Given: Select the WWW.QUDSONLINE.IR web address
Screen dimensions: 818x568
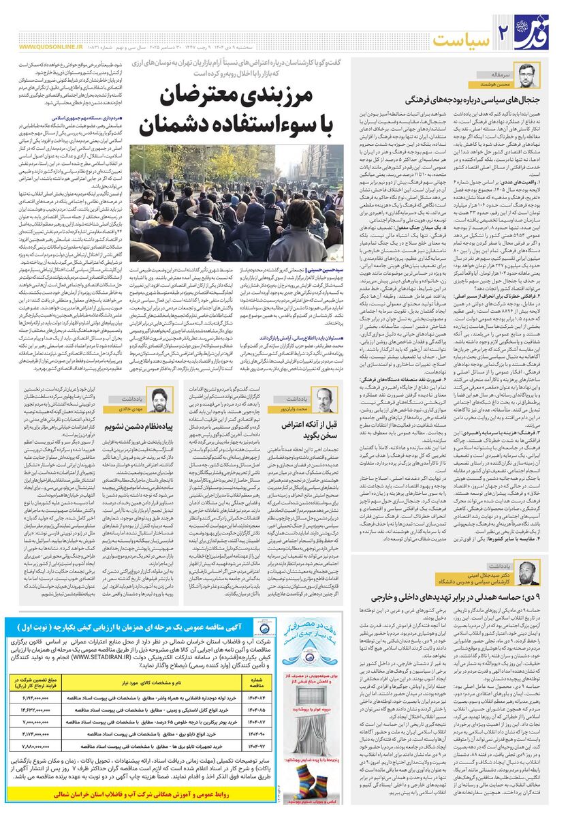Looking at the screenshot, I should coord(51,48).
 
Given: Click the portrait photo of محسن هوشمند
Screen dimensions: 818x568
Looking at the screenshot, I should coord(526,73).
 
